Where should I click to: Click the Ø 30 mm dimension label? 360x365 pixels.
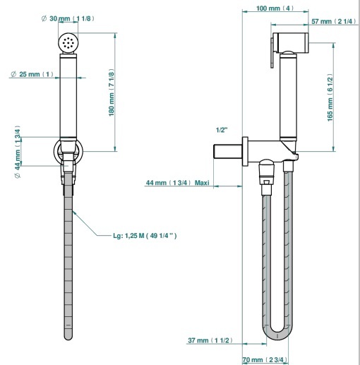[68, 18]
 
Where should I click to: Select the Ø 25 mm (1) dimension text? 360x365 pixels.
[32, 74]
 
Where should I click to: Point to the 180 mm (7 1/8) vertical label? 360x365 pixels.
[112, 92]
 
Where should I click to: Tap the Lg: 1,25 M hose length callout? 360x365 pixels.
[145, 236]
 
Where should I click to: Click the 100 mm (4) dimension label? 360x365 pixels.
[275, 8]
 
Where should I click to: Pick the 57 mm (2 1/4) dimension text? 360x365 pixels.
[334, 21]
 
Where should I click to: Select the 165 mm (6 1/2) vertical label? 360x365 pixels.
[330, 97]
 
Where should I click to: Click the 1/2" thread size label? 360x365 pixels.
[222, 130]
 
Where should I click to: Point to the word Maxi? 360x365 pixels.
[202, 183]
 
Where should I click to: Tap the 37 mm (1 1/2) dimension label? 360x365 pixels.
[210, 340]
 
